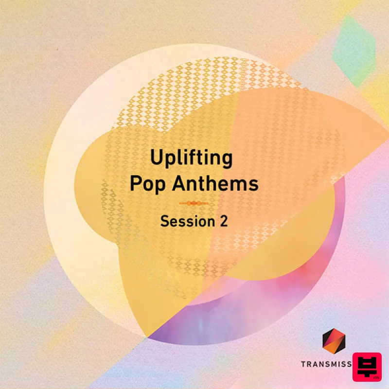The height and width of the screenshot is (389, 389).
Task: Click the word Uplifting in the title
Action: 191,159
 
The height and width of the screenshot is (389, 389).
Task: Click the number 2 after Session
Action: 224,221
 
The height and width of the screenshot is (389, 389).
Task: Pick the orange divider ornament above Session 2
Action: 194,202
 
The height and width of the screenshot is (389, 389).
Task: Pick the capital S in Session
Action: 164,221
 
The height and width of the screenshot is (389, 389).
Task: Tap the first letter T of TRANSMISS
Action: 303,364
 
